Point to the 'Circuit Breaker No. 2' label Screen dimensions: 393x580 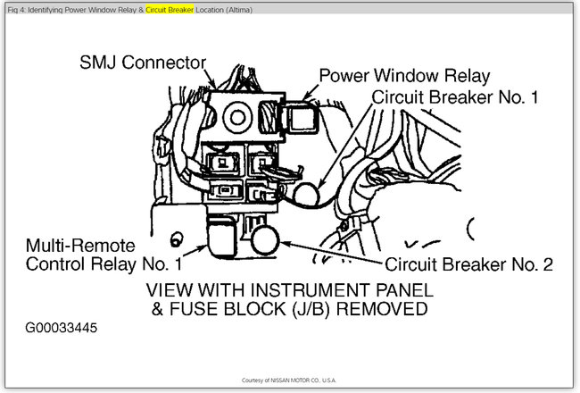469,264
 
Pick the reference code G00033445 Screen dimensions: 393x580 62,328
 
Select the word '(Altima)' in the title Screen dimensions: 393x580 236,9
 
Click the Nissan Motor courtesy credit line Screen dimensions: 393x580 290,380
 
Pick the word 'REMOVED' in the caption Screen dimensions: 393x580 376,309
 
